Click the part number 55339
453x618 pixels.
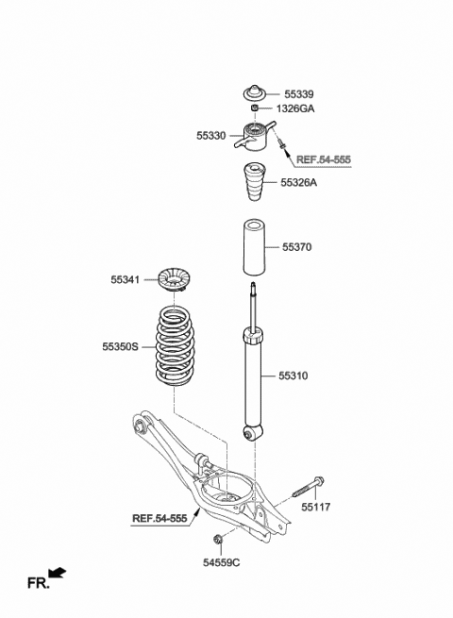point(298,94)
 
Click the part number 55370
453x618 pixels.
point(296,247)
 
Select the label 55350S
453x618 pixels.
point(121,347)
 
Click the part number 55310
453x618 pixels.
point(293,376)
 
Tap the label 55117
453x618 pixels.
point(317,507)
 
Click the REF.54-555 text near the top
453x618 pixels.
point(323,160)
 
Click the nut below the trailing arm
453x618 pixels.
point(218,539)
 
